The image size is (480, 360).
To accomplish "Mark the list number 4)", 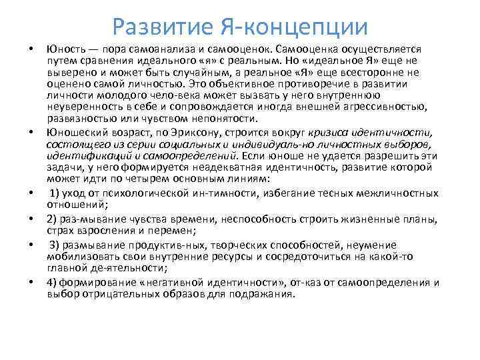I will coord(53,282).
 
